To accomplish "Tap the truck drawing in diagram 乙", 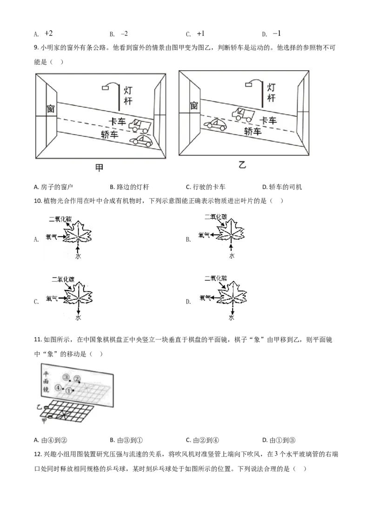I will pyautogui.click(x=243, y=114).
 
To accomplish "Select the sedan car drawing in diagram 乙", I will pyautogui.click(x=215, y=124).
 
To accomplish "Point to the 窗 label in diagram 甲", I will pyautogui.click(x=51, y=109).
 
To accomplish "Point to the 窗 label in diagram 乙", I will pyautogui.click(x=194, y=106).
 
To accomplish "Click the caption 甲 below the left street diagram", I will pyautogui.click(x=99, y=168).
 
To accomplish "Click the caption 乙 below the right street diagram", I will pyautogui.click(x=242, y=164).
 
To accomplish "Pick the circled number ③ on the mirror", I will pyautogui.click(x=66, y=377).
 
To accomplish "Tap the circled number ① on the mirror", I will pyautogui.click(x=69, y=391).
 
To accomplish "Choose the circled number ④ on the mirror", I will pyautogui.click(x=58, y=387).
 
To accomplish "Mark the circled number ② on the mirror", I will pyautogui.click(x=77, y=378).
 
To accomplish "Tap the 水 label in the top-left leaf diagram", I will pyautogui.click(x=78, y=256).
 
